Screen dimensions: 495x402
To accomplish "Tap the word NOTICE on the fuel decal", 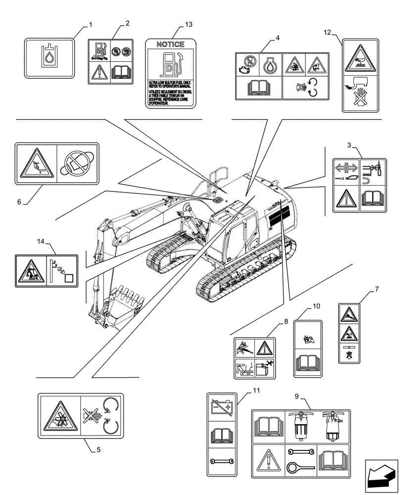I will (170, 44).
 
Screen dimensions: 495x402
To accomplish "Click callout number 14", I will (41, 241).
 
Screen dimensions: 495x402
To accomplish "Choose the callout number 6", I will (19, 201).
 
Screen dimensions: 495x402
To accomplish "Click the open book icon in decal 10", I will (308, 364).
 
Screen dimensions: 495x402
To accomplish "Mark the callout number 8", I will (285, 322).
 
